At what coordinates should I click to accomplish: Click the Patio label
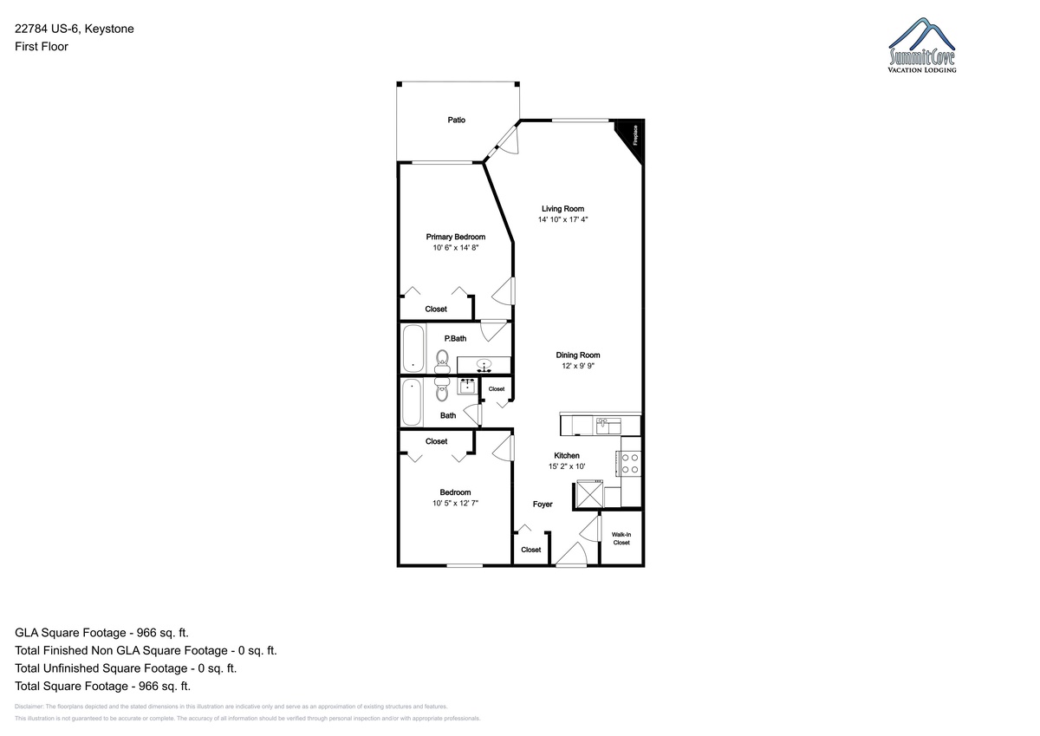coord(456,120)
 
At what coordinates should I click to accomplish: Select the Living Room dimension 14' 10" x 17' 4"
coord(562,219)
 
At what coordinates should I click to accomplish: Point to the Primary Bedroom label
coord(456,237)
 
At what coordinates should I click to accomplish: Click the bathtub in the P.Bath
coord(413,348)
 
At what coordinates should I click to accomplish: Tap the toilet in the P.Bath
coord(442,362)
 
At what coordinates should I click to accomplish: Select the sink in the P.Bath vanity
coord(484,365)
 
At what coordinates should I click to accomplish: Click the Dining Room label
coord(578,355)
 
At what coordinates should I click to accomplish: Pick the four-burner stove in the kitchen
coord(629,463)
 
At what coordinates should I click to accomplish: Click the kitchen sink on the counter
coord(608,426)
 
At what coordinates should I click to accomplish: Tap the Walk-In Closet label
coord(621,538)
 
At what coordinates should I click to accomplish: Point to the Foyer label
coord(543,505)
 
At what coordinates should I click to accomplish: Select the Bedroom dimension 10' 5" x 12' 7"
coord(456,503)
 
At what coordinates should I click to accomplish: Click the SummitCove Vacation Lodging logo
coord(922,45)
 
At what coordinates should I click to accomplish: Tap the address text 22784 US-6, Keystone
coord(75,29)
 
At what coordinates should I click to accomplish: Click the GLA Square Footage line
coord(101,633)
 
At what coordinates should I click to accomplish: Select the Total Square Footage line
coord(102,686)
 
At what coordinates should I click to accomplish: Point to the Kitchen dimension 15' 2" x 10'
coord(567,466)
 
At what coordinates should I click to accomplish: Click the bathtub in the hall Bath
coord(412,402)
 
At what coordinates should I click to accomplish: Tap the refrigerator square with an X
coord(589,494)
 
